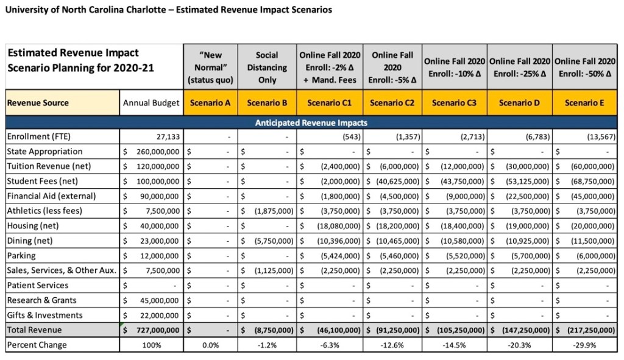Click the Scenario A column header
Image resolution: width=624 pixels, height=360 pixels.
(x=210, y=103)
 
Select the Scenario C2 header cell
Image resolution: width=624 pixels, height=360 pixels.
(x=392, y=103)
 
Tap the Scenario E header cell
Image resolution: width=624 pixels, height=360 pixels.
(x=584, y=103)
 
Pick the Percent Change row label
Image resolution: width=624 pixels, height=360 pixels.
(x=37, y=345)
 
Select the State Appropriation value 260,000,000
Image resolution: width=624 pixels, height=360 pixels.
(x=156, y=152)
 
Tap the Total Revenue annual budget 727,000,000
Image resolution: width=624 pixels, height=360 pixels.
(x=155, y=330)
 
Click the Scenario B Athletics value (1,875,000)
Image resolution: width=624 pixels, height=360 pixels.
(x=272, y=211)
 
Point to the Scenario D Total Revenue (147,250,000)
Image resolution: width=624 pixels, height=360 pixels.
(x=523, y=330)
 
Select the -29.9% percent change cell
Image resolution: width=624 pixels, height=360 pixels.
(x=584, y=345)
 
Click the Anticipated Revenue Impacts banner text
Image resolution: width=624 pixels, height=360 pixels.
(x=311, y=122)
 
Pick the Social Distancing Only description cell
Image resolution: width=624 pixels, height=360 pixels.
(x=267, y=67)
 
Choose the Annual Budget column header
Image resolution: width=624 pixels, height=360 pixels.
(x=151, y=103)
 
